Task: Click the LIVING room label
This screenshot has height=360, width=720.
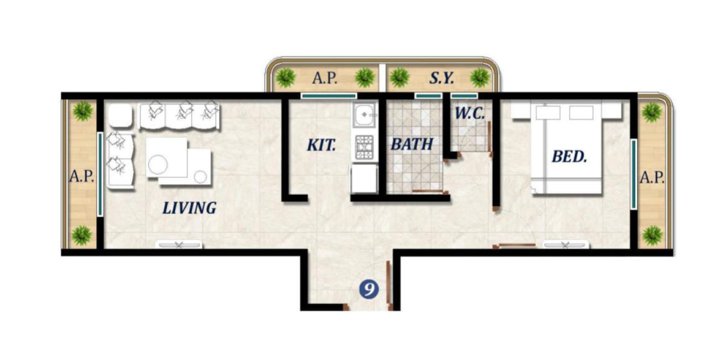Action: click(x=189, y=208)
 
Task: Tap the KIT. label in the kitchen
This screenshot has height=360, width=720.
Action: click(x=321, y=145)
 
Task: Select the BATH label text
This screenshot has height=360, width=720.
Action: click(x=411, y=145)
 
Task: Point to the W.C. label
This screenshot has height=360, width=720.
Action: click(x=470, y=114)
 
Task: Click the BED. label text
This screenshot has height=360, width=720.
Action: click(x=569, y=157)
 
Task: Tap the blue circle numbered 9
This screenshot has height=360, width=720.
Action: click(x=369, y=290)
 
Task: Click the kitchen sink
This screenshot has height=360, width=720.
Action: click(x=365, y=115)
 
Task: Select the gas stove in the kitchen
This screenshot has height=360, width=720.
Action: click(x=365, y=147)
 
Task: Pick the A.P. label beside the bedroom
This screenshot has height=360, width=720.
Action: click(x=652, y=178)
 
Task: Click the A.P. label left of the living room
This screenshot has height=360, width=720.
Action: click(x=81, y=177)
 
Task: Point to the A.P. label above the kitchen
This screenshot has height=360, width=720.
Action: click(x=325, y=78)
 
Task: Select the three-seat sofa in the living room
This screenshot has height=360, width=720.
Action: click(x=179, y=116)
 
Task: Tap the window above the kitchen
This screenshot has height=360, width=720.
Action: click(x=329, y=96)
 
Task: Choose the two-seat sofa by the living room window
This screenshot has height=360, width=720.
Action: click(x=120, y=160)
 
